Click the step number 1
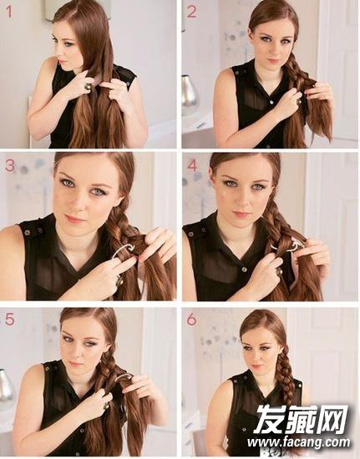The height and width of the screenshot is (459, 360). [9, 12]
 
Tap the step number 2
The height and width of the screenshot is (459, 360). [191, 12]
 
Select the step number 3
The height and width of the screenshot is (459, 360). [10, 165]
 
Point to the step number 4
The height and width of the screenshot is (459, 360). [192, 166]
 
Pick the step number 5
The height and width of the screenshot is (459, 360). [9, 320]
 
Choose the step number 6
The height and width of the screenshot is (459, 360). [191, 320]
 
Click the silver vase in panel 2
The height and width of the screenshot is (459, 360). [189, 95]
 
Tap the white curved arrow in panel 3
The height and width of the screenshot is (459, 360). [123, 250]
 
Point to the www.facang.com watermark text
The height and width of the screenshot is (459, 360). [298, 441]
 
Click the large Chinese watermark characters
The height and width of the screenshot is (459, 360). [301, 420]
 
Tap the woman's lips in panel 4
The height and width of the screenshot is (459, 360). [241, 214]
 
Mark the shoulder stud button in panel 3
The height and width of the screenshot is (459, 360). [28, 233]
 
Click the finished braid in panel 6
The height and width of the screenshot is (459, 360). [286, 377]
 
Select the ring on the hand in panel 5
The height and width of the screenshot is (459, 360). [106, 406]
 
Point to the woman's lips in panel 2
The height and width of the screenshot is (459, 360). [274, 61]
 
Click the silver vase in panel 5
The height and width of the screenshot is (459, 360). [5, 386]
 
